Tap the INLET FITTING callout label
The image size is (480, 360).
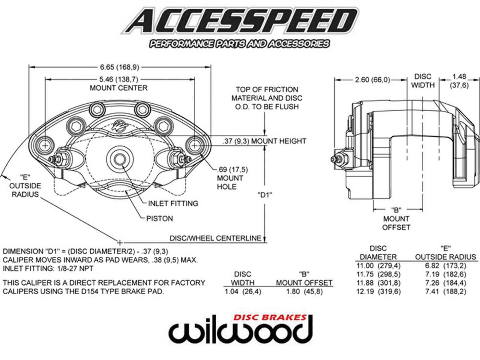173,203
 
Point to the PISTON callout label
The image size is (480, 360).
160,218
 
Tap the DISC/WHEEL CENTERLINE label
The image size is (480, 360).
215,238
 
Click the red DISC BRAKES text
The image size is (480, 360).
270,318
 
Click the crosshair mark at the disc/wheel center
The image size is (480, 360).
120,242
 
